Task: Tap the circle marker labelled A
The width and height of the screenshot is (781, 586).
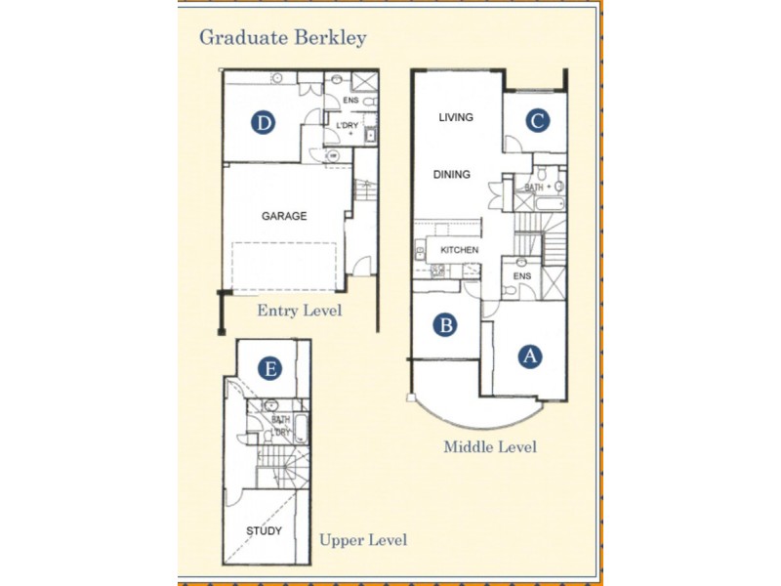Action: point(530,356)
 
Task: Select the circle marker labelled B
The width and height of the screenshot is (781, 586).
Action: point(445,325)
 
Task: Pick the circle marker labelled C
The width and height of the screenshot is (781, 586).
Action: point(537,120)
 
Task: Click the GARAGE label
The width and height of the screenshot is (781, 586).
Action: point(284,217)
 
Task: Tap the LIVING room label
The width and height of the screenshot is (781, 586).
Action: point(455,117)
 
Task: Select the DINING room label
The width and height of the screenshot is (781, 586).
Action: point(452,175)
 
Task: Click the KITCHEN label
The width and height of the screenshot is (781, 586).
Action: point(459,251)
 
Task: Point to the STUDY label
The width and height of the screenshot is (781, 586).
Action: point(264,531)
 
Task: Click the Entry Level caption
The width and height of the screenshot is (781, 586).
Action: point(300,311)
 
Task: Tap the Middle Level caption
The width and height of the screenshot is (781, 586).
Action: point(490,447)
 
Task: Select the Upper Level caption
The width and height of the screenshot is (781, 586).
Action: point(363,540)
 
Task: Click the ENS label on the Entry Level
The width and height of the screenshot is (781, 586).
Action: point(349,100)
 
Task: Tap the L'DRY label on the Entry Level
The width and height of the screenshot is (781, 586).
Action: point(347,127)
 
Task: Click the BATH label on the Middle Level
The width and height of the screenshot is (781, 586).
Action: point(534,187)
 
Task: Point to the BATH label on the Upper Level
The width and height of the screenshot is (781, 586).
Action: point(281,420)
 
